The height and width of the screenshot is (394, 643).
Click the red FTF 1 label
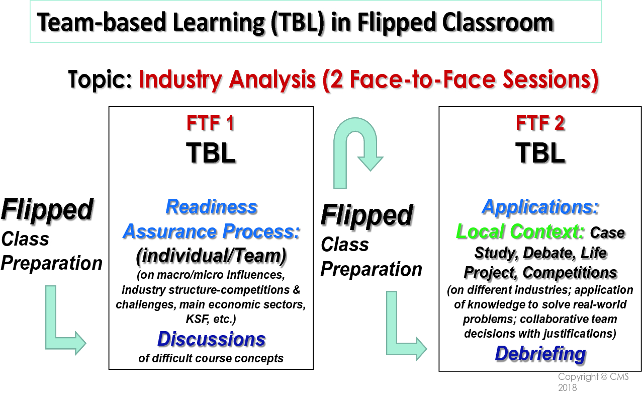point(211,123)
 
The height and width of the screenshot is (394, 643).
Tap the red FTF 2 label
point(540,123)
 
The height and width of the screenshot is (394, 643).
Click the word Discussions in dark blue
point(211,339)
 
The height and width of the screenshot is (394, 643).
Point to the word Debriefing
point(540,354)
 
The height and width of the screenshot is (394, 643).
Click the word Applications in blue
point(540,207)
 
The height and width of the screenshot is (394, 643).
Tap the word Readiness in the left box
point(211,207)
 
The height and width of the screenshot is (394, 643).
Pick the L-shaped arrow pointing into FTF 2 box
point(392,342)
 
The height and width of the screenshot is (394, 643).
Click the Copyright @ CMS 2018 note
point(593,381)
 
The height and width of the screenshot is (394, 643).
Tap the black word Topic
point(100,80)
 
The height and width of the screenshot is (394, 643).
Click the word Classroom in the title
point(498,23)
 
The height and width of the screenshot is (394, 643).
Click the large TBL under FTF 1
point(211,153)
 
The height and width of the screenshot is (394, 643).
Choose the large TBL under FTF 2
point(540,153)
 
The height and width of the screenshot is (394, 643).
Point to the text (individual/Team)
point(211,256)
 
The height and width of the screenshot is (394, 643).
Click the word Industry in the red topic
point(180,80)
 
